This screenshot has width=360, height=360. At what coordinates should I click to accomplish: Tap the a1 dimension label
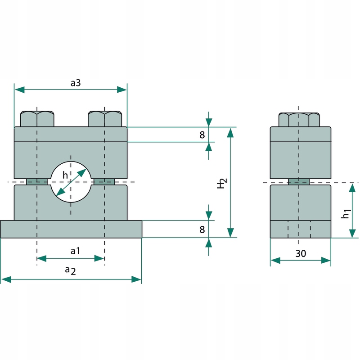coord(76,251)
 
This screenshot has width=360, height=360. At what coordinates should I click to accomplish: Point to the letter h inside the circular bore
coord(65,175)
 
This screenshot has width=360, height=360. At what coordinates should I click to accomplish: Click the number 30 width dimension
coord(301,254)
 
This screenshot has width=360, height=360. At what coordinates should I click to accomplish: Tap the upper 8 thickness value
coord(202,135)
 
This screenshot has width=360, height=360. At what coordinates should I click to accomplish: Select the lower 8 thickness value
coord(202,229)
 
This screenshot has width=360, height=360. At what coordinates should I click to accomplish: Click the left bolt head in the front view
coord(37,119)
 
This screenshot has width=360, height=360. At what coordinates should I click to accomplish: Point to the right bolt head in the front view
coord(105,119)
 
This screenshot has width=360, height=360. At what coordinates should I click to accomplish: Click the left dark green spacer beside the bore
coord(37,181)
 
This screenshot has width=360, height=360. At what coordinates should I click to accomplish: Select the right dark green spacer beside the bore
coord(104,181)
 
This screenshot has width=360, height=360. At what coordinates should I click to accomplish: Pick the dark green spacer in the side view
coord(298,181)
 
